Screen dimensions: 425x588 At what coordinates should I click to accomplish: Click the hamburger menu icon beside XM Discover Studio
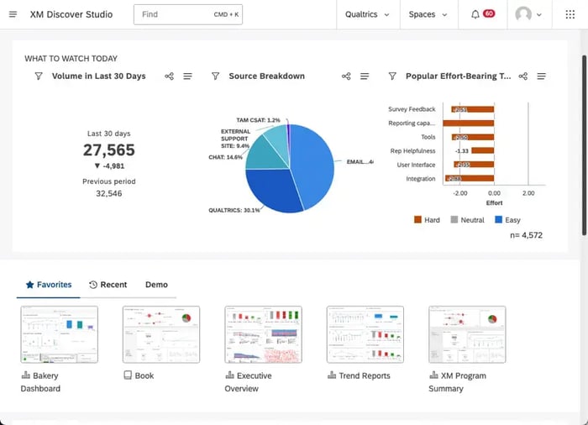click(13, 14)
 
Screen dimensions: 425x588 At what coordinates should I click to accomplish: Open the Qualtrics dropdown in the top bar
click(367, 14)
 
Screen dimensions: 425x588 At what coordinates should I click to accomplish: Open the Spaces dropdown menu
click(428, 14)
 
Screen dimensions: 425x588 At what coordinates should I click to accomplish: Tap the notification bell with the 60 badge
click(476, 14)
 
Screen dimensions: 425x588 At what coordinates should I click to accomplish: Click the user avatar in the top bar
click(524, 14)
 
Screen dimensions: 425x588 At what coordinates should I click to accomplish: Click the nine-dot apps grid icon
click(570, 14)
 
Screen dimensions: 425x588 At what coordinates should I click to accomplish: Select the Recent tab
click(108, 285)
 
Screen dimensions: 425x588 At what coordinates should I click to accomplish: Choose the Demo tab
click(156, 285)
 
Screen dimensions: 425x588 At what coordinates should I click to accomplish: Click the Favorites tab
click(48, 285)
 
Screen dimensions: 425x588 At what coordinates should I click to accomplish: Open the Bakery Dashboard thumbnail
click(59, 334)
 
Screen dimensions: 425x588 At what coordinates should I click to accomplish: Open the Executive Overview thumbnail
click(263, 334)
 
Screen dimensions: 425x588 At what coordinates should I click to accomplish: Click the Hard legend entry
click(428, 220)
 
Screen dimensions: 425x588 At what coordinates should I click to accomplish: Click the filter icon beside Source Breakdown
click(215, 76)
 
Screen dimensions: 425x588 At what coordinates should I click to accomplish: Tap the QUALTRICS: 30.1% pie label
click(234, 210)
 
